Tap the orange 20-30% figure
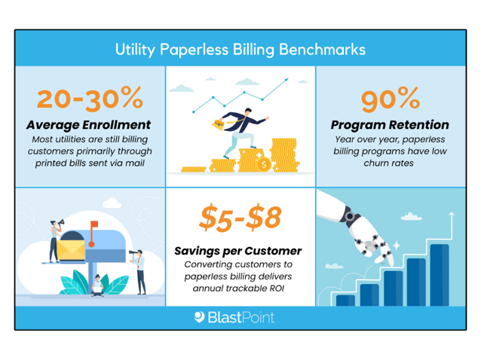pyautogui.click(x=90, y=98)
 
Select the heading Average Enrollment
pyautogui.click(x=89, y=124)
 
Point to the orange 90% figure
pyautogui.click(x=390, y=98)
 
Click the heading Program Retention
pyautogui.click(x=390, y=124)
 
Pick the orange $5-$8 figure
pyautogui.click(x=240, y=218)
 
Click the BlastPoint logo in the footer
pyautogui.click(x=234, y=317)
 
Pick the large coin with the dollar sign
pyautogui.click(x=263, y=163)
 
